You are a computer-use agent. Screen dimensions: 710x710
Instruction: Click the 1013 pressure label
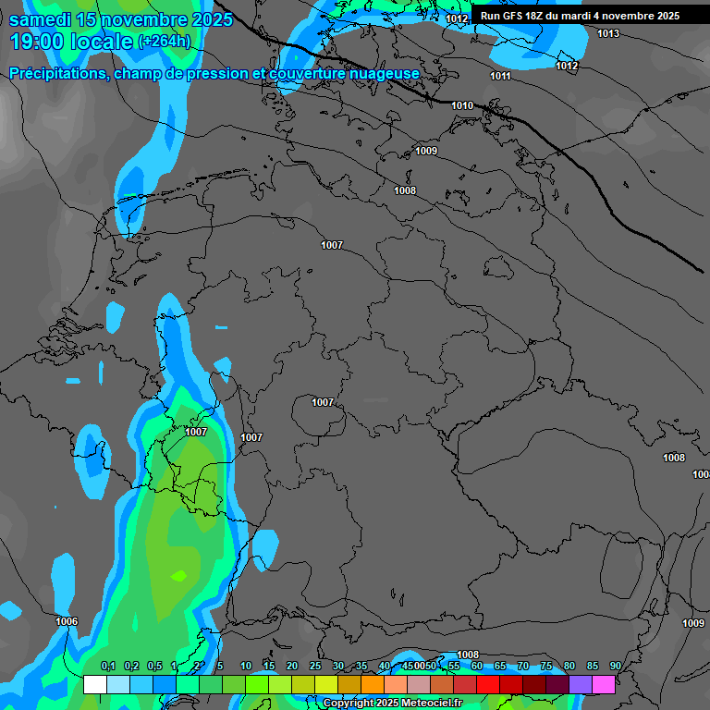[608, 34]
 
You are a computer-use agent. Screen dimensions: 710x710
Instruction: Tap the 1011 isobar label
[501, 76]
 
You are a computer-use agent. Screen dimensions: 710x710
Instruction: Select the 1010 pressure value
[462, 106]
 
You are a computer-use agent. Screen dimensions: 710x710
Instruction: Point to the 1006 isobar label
[67, 622]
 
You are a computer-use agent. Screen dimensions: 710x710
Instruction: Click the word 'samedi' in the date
[42, 19]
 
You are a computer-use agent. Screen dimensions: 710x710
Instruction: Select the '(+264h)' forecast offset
[164, 41]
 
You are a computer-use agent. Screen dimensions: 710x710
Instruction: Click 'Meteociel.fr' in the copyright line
[432, 704]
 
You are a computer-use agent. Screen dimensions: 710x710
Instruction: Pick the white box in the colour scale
[94, 685]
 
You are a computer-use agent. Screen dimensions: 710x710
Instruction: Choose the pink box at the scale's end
[604, 685]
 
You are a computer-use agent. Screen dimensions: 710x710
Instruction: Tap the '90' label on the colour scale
[616, 667]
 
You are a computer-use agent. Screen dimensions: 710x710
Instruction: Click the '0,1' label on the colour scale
[108, 667]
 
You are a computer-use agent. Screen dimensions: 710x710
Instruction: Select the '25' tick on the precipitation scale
[315, 667]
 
